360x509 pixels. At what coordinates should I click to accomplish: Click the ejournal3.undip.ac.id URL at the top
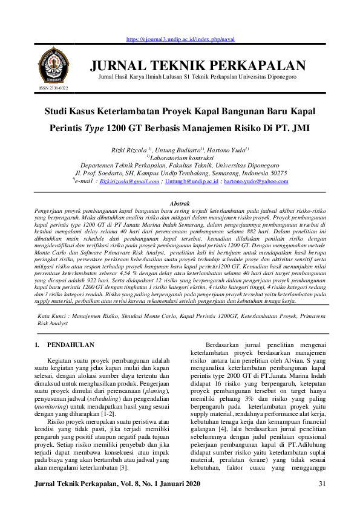pyautogui.click(x=180, y=39)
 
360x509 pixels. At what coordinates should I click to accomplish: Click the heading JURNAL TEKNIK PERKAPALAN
pyautogui.click(x=198, y=66)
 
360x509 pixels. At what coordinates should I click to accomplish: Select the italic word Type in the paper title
pyautogui.click(x=92, y=128)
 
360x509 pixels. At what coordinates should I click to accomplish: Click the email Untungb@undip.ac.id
pyautogui.click(x=191, y=181)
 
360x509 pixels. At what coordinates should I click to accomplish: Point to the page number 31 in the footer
pyautogui.click(x=322, y=484)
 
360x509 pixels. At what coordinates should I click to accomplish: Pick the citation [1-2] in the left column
pyautogui.click(x=108, y=415)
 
